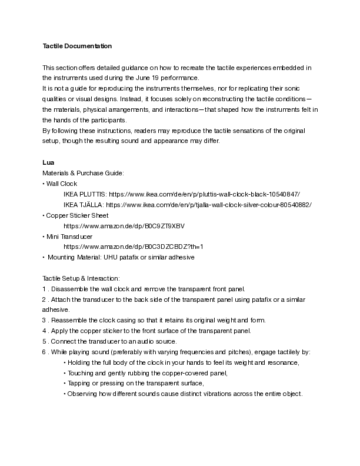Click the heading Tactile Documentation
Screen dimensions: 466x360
click(x=76, y=46)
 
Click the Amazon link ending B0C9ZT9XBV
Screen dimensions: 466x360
click(x=124, y=226)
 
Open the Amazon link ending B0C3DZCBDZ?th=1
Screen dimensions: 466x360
click(x=133, y=247)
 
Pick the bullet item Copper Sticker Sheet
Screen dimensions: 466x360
click(x=77, y=215)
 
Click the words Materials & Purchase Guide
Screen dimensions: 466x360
click(x=82, y=173)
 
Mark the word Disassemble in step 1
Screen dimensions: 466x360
click(x=71, y=289)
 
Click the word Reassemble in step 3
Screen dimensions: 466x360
click(x=70, y=321)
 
